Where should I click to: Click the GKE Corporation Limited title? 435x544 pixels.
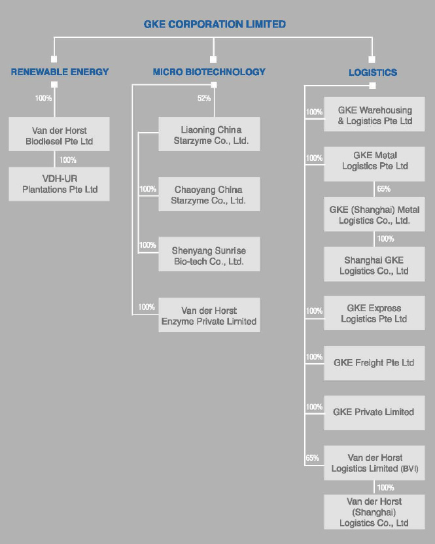coord(215,24)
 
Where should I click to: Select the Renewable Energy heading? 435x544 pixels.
coord(60,72)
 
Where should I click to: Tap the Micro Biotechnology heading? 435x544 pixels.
coord(209,72)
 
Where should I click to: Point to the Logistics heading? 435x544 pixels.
coord(372,73)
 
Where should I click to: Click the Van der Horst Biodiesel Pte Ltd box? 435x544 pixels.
coord(60,135)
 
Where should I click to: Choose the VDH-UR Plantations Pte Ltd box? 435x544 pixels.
coord(60,184)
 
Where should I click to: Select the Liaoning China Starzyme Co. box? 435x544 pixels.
coord(209,135)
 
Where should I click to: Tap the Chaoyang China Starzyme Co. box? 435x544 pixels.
coord(209,195)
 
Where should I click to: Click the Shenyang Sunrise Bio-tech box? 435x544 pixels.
coord(209,256)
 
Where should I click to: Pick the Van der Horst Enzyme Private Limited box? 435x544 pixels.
coord(209,316)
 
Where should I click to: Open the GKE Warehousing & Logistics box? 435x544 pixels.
coord(375,115)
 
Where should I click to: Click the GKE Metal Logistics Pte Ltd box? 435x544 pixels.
coord(375,161)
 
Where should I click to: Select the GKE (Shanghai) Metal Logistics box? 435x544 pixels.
coord(375,215)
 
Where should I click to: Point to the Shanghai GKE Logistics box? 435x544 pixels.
coord(375,265)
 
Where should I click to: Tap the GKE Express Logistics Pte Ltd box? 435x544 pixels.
coord(375,313)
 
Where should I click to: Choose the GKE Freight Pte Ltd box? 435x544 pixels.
coord(375,363)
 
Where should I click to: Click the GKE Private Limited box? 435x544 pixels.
coord(375,412)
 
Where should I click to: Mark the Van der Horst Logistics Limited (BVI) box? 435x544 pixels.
coord(375,463)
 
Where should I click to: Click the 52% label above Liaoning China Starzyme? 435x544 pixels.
coord(204,99)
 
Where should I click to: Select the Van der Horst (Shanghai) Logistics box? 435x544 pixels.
coord(375,512)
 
